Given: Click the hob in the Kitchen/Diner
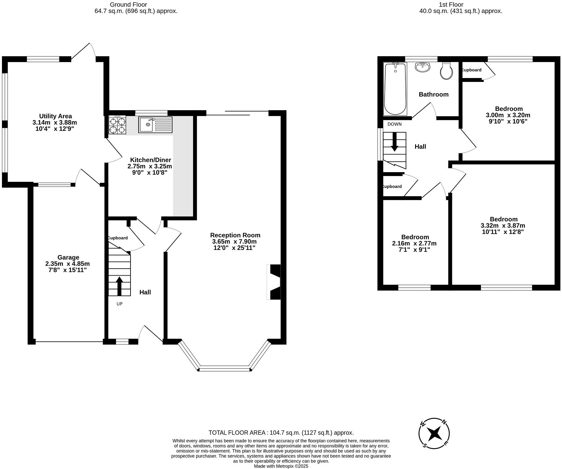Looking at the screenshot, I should point(117,125).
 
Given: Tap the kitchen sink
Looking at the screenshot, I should point(155,125).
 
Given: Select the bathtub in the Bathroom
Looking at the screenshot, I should point(395,89).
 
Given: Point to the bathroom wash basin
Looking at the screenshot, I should point(422,67).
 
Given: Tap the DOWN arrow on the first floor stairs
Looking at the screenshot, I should point(395,142).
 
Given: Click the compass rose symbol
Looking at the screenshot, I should point(434,433).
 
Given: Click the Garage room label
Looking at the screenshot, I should point(68,257).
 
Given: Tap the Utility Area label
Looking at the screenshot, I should point(55,116).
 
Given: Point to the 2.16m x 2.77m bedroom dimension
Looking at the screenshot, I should point(414,243).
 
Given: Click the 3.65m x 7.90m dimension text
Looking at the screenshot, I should point(234,242).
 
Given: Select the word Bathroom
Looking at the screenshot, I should point(433,94).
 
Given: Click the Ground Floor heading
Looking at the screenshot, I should point(128,4).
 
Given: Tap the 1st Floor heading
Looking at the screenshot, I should point(451,4).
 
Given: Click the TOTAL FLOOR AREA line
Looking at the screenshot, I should point(281,433).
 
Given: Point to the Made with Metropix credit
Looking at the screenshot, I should point(281,466).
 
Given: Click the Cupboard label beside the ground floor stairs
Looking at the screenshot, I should point(117,238).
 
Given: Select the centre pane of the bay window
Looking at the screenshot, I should point(225,368).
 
